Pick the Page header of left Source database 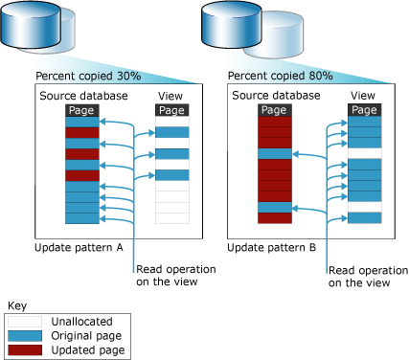click(81, 111)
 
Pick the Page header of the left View click(170, 111)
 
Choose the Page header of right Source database click(273, 111)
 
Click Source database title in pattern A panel click(81, 97)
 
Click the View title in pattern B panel click(362, 97)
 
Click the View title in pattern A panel click(170, 97)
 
